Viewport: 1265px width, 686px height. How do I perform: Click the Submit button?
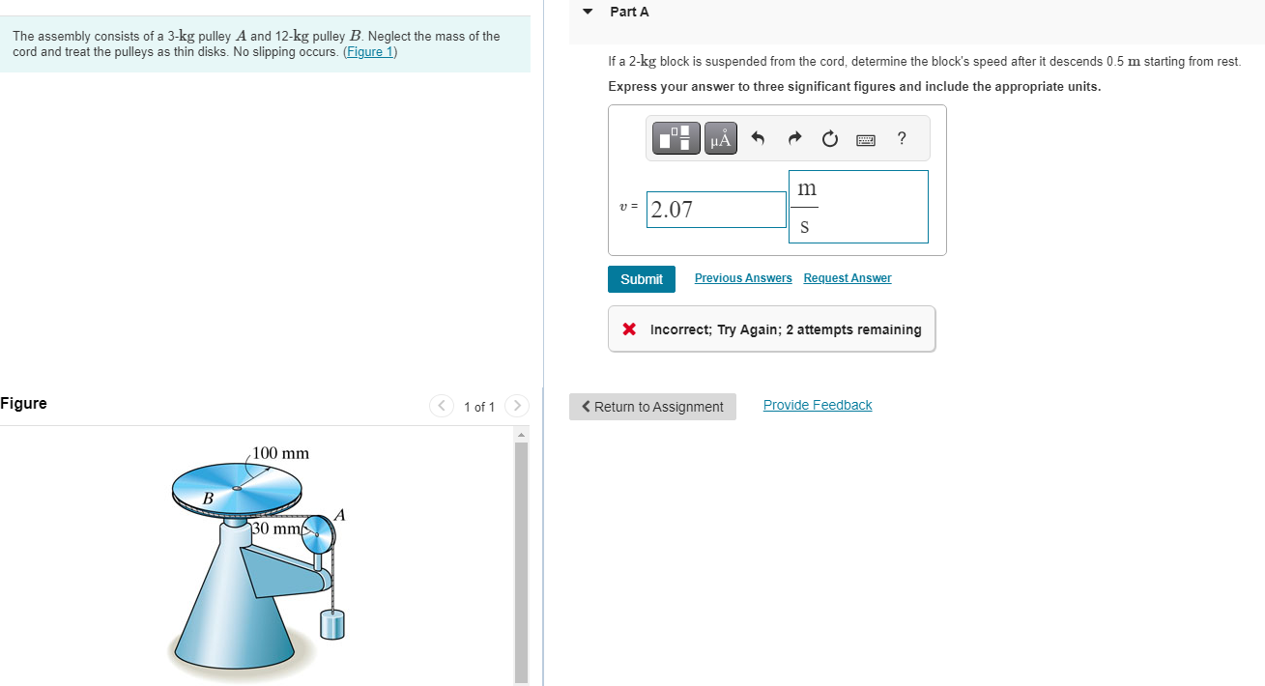click(x=642, y=279)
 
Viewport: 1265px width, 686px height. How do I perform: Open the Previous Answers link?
click(x=742, y=278)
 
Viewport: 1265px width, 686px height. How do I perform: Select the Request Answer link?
click(x=847, y=278)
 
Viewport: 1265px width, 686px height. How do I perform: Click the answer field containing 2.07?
click(x=716, y=210)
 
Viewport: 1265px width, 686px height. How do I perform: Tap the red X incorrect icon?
click(x=629, y=329)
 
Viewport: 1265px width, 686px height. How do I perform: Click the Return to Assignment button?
click(x=652, y=407)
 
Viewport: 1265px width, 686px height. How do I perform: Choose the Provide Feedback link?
click(x=817, y=405)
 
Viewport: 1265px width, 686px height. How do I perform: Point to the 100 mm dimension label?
click(x=280, y=453)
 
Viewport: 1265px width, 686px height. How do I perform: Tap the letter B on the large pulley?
click(x=207, y=499)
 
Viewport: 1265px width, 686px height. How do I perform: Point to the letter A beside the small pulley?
click(x=338, y=515)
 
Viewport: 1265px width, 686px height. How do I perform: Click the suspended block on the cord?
click(x=332, y=625)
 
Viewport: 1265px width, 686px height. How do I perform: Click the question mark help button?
click(x=902, y=138)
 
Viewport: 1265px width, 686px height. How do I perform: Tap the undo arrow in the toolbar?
click(x=758, y=139)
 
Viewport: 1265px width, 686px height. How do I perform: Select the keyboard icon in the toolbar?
click(x=865, y=140)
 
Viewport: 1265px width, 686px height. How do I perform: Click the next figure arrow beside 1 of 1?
click(x=517, y=406)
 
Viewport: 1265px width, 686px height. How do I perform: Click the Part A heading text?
click(x=629, y=12)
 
